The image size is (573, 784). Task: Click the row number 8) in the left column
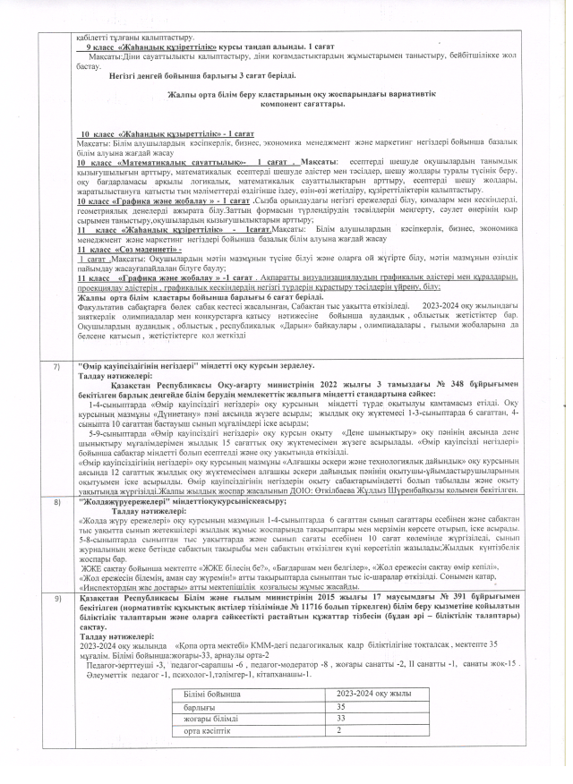tap(57, 479)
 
